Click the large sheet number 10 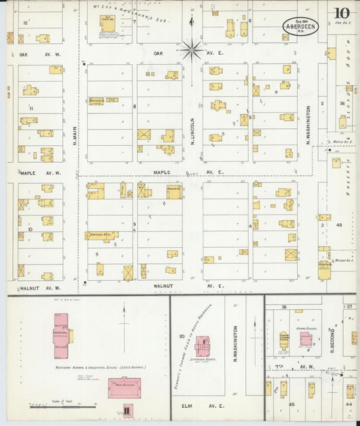[340, 14]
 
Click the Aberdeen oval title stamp [301, 26]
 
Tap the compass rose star [191, 49]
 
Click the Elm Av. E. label [201, 407]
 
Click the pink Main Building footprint [124, 388]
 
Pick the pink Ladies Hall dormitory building [63, 335]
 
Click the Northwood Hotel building [101, 236]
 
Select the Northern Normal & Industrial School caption [101, 368]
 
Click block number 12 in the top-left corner [25, 22]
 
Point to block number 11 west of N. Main [30, 108]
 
